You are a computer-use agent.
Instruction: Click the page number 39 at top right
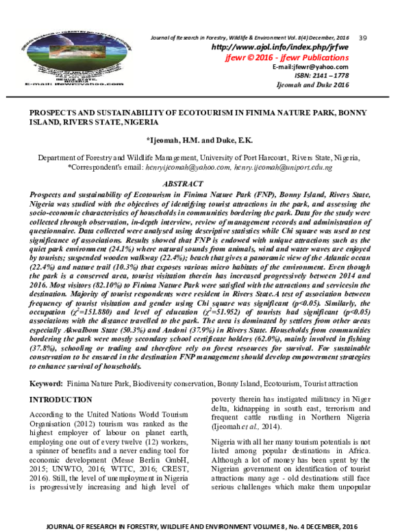point(364,36)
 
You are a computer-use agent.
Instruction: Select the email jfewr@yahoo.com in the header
point(319,66)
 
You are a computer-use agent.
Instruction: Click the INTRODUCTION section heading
point(60,399)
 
